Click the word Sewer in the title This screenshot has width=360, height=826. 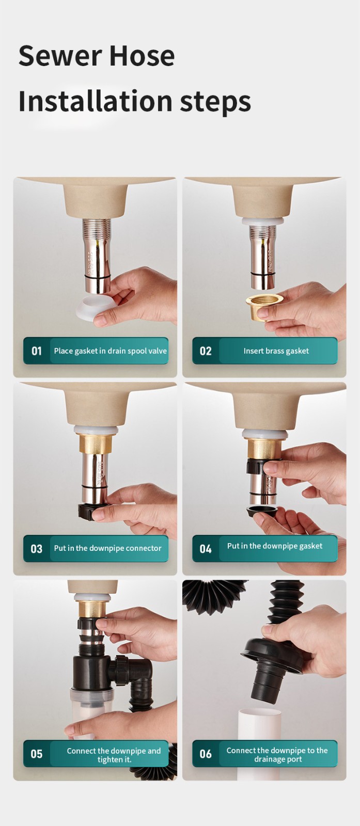pos(59,56)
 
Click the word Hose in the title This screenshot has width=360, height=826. pos(143,56)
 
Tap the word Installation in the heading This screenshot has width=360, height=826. pos(95,101)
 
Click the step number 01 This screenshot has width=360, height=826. pos(37,351)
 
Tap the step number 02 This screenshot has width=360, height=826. pos(206,351)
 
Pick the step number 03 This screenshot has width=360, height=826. pos(37,549)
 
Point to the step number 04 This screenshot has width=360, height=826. pos(206,549)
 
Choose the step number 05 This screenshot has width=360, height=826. pos(37,754)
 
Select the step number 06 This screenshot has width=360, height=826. pos(206,754)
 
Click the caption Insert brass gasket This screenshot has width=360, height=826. pos(276,351)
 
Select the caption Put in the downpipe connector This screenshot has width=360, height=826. pos(108,548)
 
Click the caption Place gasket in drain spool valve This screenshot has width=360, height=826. pos(111,351)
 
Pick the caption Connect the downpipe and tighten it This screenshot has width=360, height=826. pos(114,755)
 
